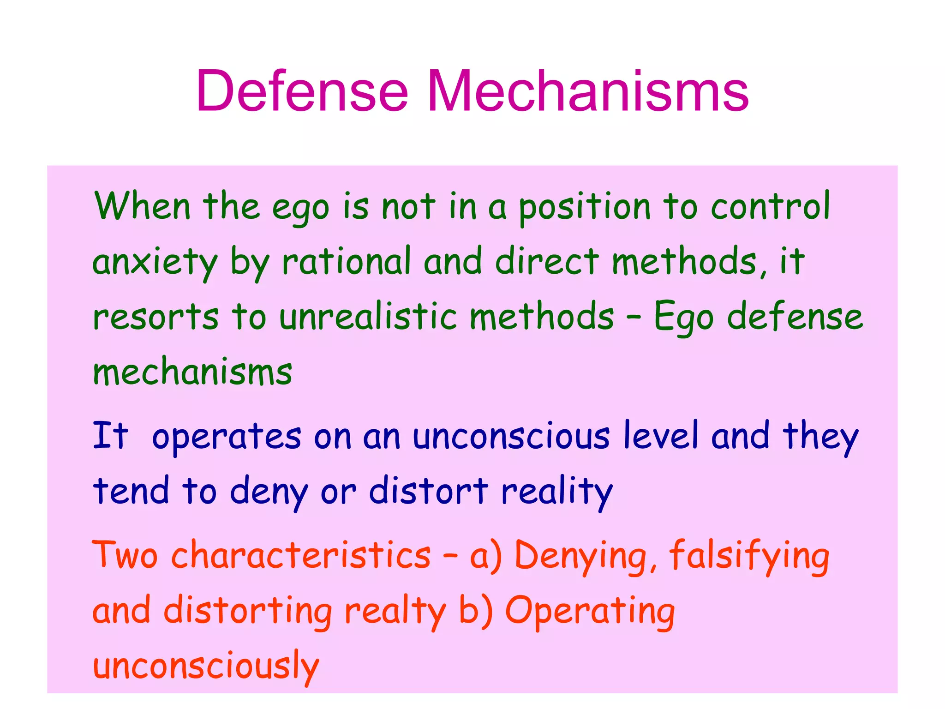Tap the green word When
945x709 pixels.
[x=142, y=206]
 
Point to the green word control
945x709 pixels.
[x=770, y=206]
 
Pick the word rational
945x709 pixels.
[x=346, y=261]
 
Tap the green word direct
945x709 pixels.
[x=547, y=261]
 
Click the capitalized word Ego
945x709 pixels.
[x=683, y=318]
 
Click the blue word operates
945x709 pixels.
[x=227, y=437]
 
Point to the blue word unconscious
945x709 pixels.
[x=511, y=436]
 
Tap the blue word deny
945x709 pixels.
[x=269, y=492]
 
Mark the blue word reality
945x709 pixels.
[x=557, y=492]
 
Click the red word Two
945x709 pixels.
[x=125, y=555]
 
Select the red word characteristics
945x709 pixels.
[x=301, y=555]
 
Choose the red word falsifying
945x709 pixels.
[x=749, y=556]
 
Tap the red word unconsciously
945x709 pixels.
[x=206, y=667]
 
